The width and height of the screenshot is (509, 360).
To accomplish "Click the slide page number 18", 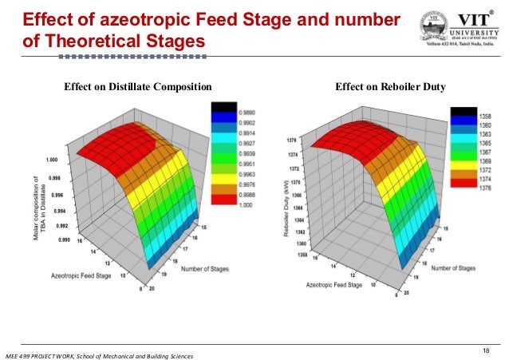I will point(487,350).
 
